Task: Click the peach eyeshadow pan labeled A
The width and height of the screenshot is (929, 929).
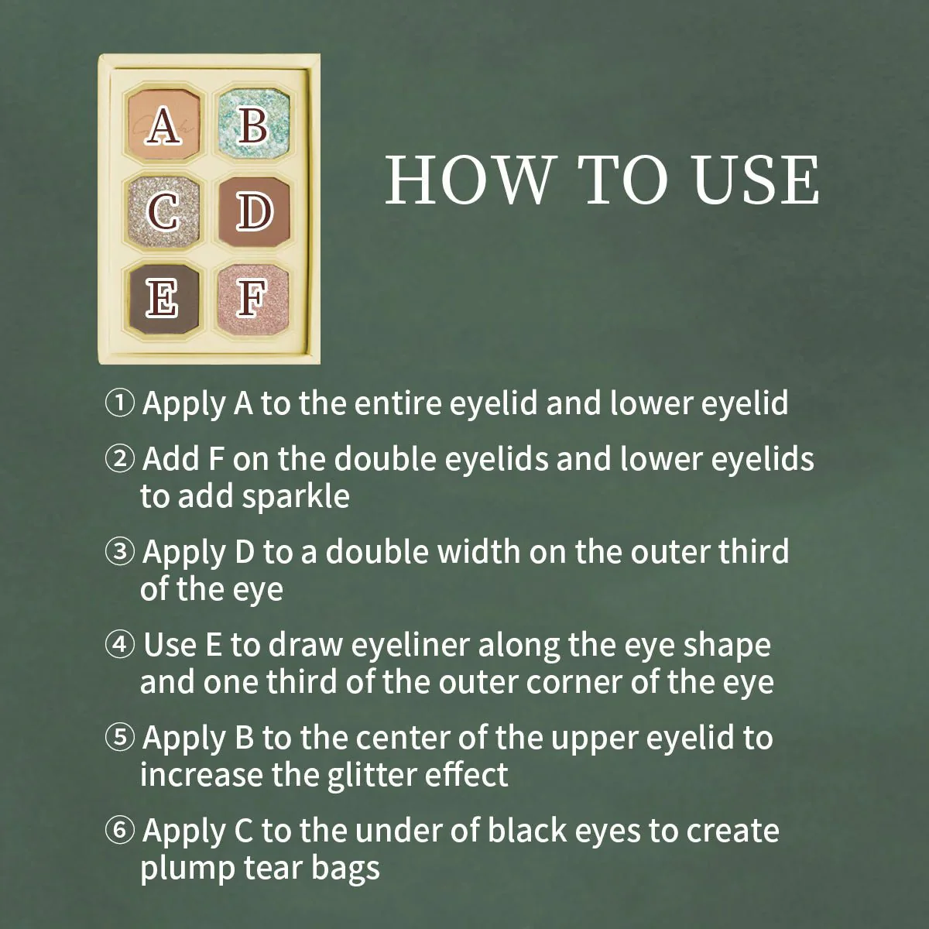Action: pyautogui.click(x=164, y=124)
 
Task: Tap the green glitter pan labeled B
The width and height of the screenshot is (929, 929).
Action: pyautogui.click(x=254, y=124)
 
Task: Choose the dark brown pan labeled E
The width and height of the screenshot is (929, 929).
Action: pyautogui.click(x=164, y=300)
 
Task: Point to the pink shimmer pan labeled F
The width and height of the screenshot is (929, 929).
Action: pyautogui.click(x=254, y=300)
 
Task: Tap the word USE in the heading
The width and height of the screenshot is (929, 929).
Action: pyautogui.click(x=756, y=180)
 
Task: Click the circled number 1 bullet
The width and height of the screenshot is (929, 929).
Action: pyautogui.click(x=119, y=404)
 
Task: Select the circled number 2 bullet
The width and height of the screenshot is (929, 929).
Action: pyautogui.click(x=119, y=459)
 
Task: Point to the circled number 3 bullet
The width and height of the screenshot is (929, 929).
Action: pyautogui.click(x=119, y=553)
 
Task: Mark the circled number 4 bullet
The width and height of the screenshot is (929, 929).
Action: pyautogui.click(x=119, y=646)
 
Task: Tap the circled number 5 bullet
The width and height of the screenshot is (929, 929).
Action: pyautogui.click(x=119, y=739)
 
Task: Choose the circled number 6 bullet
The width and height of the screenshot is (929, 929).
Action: pyautogui.click(x=119, y=831)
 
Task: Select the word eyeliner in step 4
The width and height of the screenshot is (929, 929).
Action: pyautogui.click(x=410, y=646)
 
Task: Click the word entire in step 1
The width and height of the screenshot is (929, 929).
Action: pyautogui.click(x=397, y=404)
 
